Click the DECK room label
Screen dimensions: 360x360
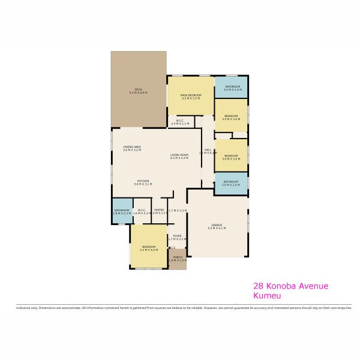tap(138, 89)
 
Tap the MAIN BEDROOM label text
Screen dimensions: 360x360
tap(191, 95)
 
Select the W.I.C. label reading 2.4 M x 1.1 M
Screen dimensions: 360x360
tap(180, 120)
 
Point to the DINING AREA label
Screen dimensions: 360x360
tap(132, 147)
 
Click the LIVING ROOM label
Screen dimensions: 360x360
tap(179, 155)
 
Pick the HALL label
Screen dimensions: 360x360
tap(208, 150)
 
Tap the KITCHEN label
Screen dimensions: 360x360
tap(142, 181)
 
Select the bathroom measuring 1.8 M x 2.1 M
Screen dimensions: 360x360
tap(122, 210)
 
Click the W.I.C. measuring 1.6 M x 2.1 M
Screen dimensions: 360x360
tap(142, 210)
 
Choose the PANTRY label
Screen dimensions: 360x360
tap(159, 210)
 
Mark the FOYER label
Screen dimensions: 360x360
tap(178, 236)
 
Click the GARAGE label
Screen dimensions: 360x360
tap(217, 224)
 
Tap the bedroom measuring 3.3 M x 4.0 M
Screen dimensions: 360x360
tap(149, 247)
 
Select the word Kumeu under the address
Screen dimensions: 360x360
tap(268, 296)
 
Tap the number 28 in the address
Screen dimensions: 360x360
tap(259, 286)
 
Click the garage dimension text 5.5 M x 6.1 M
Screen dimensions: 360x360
tap(217, 228)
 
